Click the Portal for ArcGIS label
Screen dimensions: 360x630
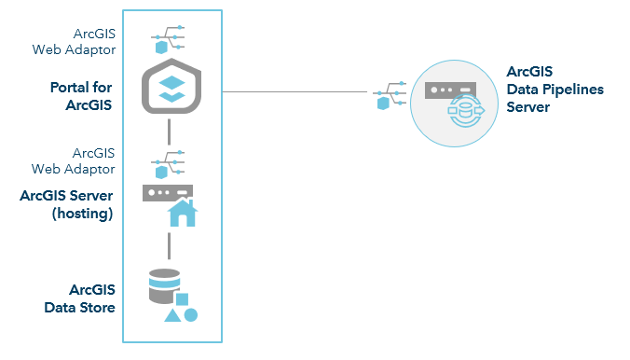tap(82, 96)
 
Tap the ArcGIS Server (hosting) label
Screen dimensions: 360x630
tap(66, 204)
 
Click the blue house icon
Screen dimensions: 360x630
tap(183, 214)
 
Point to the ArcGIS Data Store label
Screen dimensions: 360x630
tap(80, 298)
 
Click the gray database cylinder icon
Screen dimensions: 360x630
tap(164, 286)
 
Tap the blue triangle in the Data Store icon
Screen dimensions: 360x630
tap(172, 315)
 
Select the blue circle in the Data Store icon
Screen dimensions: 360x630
tap(191, 314)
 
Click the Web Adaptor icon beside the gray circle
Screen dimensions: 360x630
tap(387, 95)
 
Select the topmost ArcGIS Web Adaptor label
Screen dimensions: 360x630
tap(89, 42)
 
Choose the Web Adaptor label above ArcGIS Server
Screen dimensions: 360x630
tap(89, 160)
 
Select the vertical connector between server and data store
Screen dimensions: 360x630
tap(169, 245)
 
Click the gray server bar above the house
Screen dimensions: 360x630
tap(168, 192)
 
